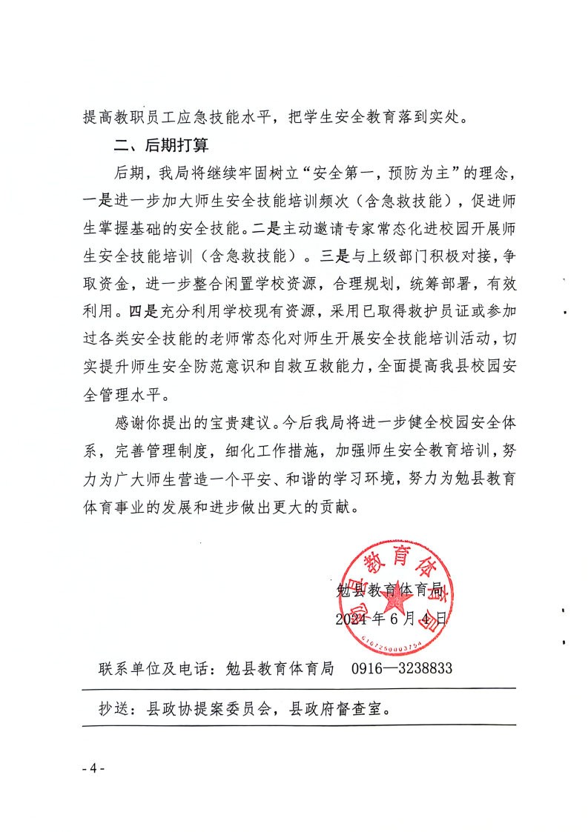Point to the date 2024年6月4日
tap(391, 618)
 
